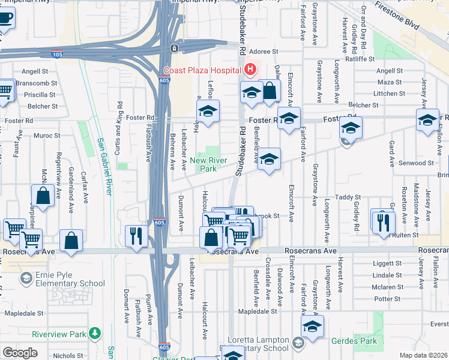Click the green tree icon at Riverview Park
coord(95,333)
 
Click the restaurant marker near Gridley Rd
coord(382,221)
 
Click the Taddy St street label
coord(348,197)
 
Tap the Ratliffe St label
coord(361,59)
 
